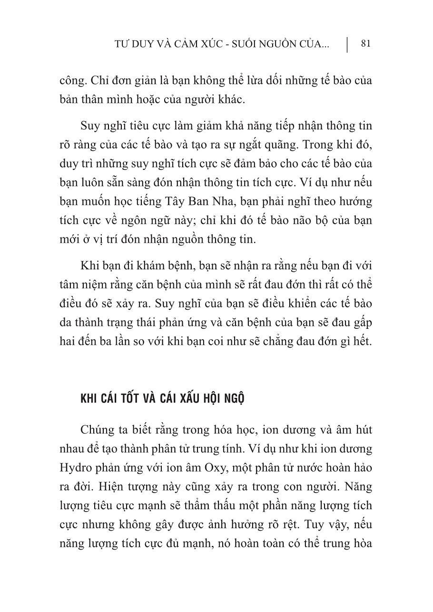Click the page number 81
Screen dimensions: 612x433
tap(365, 44)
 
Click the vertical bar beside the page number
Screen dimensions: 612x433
tap(347, 44)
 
